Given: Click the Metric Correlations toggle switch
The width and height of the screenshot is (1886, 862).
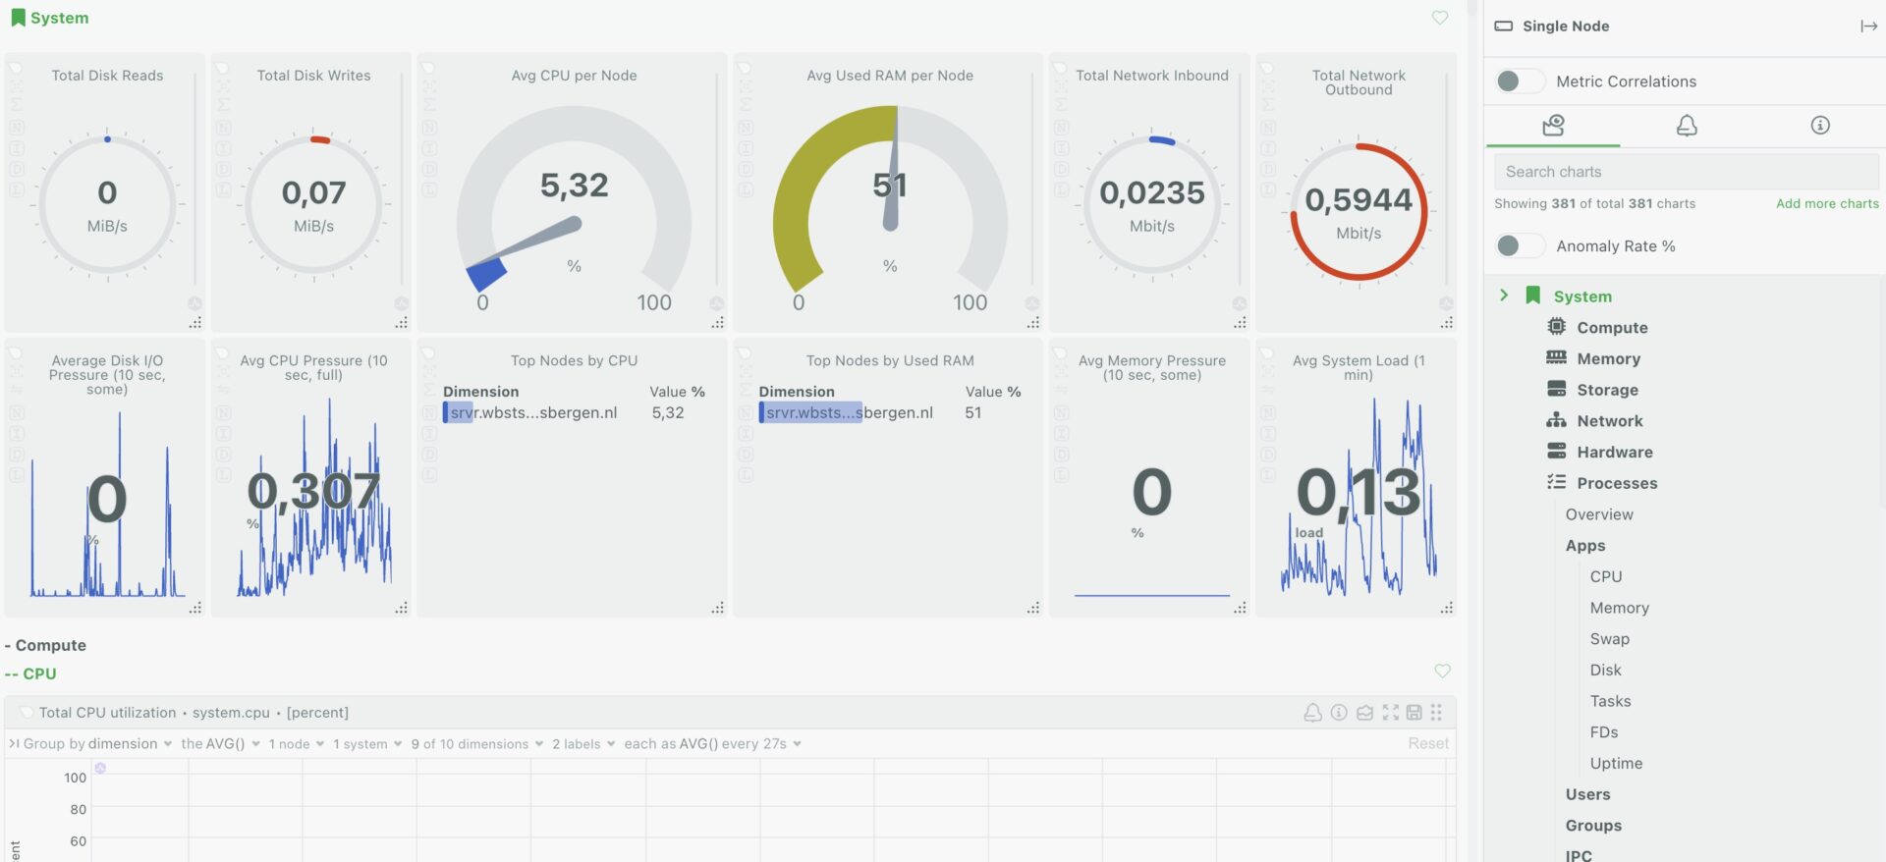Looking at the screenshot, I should click(x=1519, y=81).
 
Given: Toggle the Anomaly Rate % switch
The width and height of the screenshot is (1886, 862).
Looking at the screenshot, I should click(x=1519, y=246).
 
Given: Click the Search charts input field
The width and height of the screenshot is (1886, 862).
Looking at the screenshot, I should click(x=1686, y=172).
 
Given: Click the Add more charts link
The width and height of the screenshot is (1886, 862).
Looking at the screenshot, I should click(x=1826, y=204).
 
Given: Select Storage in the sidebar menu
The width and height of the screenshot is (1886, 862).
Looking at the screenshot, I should click(x=1607, y=390).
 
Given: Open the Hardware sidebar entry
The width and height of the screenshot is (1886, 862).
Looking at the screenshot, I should click(x=1614, y=453).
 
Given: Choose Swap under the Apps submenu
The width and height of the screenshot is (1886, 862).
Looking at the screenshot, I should click(x=1609, y=639).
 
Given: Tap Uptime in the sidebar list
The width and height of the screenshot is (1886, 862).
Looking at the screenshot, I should click(x=1616, y=764).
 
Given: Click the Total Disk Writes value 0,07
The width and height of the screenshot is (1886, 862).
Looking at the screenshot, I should click(x=313, y=193).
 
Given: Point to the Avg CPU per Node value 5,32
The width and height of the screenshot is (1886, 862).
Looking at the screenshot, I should click(x=574, y=186).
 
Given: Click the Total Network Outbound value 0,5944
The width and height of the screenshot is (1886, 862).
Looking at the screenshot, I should click(x=1358, y=200).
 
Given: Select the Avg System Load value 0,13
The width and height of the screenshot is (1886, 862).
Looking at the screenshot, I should click(x=1358, y=493).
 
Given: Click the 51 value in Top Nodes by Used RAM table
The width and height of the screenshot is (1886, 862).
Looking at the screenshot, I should click(x=972, y=413).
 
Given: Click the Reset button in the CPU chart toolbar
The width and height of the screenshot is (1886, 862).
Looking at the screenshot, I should click(x=1427, y=744).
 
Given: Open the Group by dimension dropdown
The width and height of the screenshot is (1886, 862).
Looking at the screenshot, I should click(x=96, y=744).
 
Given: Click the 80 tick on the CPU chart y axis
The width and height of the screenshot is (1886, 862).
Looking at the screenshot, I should click(x=78, y=810).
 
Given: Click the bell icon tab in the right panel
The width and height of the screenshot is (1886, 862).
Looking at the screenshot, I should click(x=1686, y=126).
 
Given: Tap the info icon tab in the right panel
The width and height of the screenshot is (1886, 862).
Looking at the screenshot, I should click(x=1819, y=126).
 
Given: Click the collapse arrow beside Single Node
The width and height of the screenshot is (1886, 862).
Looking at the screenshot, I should click(x=1867, y=27).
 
